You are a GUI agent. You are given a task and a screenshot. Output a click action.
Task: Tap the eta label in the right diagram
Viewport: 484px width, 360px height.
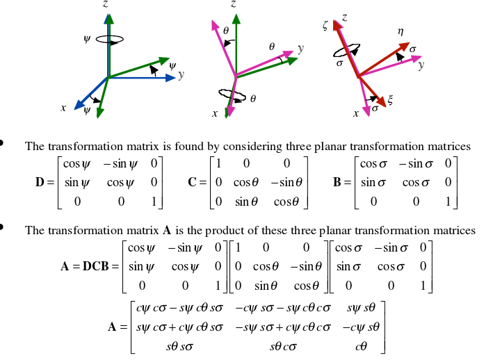point(401,31)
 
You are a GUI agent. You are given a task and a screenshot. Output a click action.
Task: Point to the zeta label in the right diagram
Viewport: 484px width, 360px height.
point(325,26)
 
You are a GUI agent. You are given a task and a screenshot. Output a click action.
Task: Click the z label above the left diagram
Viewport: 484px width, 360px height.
point(105,4)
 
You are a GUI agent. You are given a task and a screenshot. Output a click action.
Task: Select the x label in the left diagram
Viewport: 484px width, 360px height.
point(63,108)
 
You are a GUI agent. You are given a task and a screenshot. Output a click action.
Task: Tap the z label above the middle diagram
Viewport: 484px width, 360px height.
point(233,4)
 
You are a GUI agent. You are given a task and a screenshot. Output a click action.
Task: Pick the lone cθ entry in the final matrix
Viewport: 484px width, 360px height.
point(361,345)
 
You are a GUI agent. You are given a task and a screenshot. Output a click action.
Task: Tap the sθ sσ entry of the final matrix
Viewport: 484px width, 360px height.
point(177,345)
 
